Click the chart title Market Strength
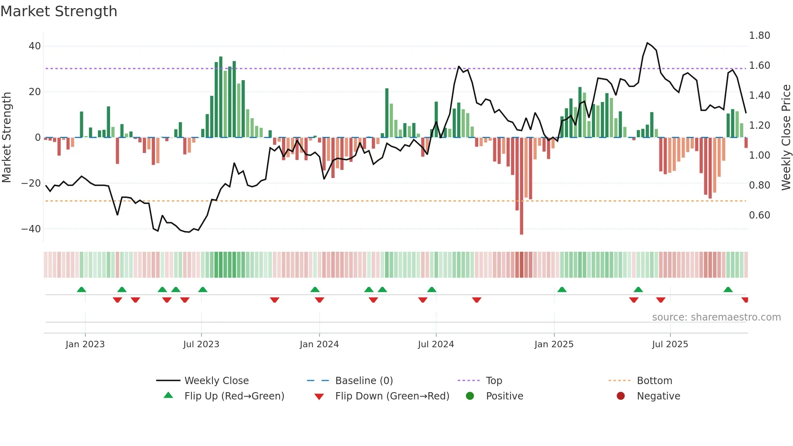(x=59, y=11)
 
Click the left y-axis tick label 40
(x=34, y=46)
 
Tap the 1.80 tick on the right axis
(x=759, y=36)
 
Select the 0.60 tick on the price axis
(x=759, y=215)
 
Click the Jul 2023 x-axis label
(x=201, y=344)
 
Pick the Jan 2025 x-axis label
(x=554, y=344)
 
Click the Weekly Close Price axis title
(x=786, y=138)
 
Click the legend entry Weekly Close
(x=216, y=381)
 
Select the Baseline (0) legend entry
(x=364, y=381)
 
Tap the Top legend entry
(x=494, y=381)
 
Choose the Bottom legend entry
(x=654, y=381)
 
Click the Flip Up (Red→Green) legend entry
(x=234, y=396)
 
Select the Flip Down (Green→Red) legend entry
(x=392, y=396)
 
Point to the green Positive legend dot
(x=470, y=396)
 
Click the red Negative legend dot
(x=621, y=396)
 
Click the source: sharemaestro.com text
(x=716, y=317)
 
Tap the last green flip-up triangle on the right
(x=728, y=290)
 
